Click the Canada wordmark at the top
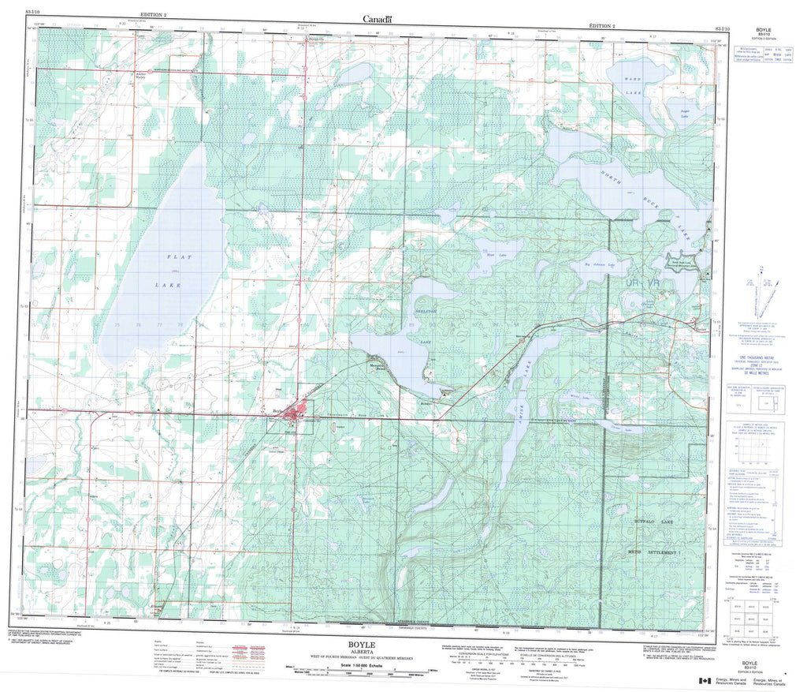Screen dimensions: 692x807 coord(377,18)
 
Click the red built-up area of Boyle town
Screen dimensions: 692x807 coord(299,413)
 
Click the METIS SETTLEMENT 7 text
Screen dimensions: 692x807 coord(659,552)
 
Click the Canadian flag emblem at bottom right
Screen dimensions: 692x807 coord(704,679)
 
